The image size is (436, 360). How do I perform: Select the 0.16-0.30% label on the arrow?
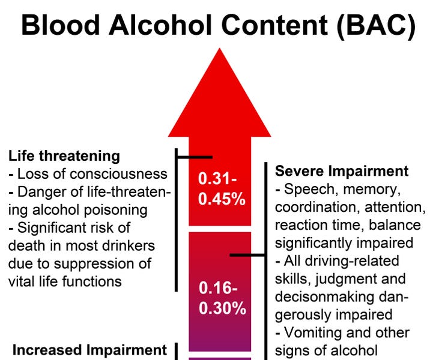click(222, 299)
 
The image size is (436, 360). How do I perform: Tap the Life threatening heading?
click(64, 157)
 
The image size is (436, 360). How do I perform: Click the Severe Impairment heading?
click(342, 171)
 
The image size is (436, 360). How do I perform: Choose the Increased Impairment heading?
click(89, 350)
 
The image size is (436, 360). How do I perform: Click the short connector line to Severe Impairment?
click(248, 255)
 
